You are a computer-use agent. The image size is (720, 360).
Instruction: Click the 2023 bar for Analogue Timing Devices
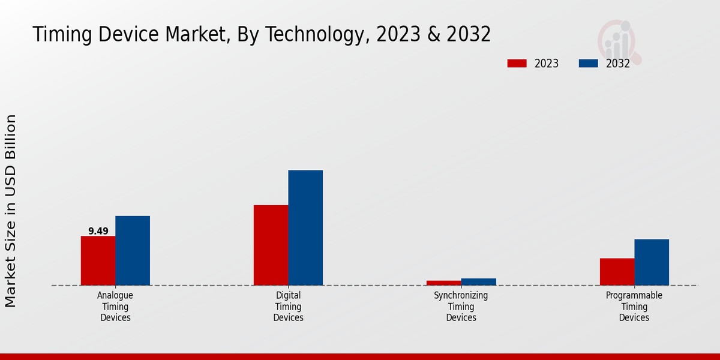coord(98,260)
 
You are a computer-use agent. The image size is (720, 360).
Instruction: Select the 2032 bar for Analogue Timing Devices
coord(133,250)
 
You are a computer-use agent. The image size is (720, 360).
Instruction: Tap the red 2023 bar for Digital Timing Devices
coord(271,245)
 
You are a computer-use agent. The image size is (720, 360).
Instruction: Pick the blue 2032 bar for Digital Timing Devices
coord(305,227)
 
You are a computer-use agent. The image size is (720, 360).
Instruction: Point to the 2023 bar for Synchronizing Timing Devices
coord(444,283)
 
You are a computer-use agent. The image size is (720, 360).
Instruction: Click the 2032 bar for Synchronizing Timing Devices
coord(479,281)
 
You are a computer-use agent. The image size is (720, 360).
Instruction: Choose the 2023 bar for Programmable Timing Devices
coord(617,271)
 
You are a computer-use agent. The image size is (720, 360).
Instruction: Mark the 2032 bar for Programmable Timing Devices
coord(652,262)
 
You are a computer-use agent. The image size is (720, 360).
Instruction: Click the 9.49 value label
coord(98,231)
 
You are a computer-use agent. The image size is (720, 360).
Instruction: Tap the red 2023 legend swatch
coord(517,64)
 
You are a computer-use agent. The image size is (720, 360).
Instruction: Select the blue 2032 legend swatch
coord(589,64)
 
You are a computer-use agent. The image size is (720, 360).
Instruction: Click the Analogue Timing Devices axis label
coord(115,307)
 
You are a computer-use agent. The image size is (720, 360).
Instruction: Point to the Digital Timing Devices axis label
coord(288,307)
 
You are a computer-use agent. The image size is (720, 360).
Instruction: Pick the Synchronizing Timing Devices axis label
coord(461,307)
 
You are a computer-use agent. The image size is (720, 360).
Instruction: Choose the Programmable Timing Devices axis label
coord(634,307)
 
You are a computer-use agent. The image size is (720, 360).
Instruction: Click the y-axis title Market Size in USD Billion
coord(11,211)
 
